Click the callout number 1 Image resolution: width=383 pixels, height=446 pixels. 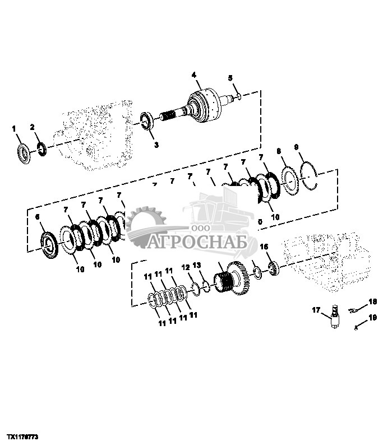15,129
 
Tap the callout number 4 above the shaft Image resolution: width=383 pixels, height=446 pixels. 193,75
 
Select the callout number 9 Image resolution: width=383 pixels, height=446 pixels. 296,147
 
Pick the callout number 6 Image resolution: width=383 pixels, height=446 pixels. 38,216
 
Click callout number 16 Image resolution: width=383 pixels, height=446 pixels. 265,247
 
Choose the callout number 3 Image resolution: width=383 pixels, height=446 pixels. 156,145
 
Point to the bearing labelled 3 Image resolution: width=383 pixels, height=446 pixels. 147,120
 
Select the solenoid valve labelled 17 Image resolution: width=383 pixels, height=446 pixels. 334,316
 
